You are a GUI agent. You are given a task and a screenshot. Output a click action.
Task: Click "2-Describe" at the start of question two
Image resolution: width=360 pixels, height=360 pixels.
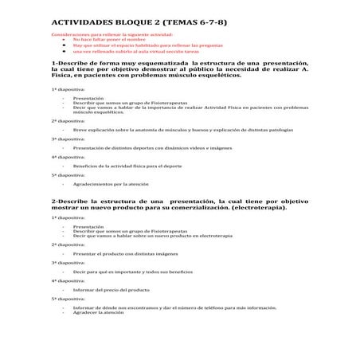click(67, 202)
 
